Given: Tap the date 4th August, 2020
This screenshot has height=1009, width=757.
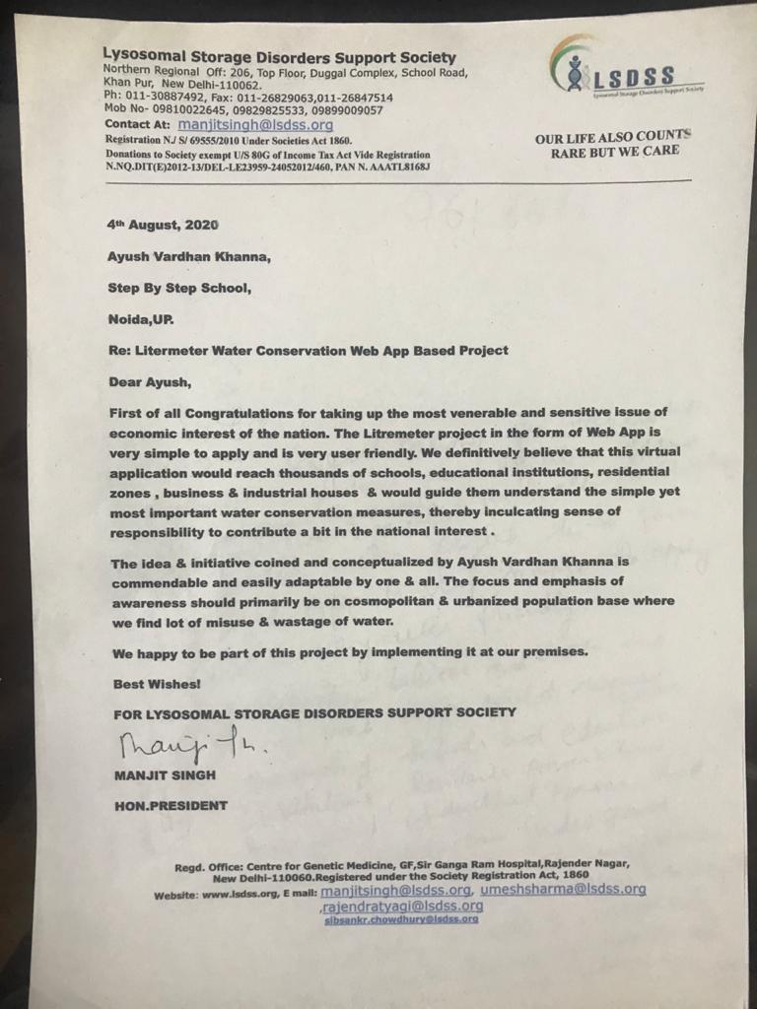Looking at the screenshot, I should (x=163, y=225).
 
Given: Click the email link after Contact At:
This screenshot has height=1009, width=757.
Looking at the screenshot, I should (x=256, y=126).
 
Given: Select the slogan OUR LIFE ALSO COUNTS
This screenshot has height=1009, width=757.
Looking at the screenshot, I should (x=613, y=137).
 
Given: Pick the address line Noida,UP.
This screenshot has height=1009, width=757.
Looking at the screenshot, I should (x=139, y=320).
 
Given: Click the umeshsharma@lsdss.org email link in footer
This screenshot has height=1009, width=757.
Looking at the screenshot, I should (x=563, y=889).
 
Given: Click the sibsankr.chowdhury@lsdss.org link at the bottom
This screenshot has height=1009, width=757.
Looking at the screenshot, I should (x=401, y=919).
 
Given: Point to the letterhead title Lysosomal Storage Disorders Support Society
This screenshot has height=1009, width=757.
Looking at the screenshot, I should (x=279, y=57).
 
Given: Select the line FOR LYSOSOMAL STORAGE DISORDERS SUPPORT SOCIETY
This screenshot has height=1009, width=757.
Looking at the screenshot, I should (x=312, y=711).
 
